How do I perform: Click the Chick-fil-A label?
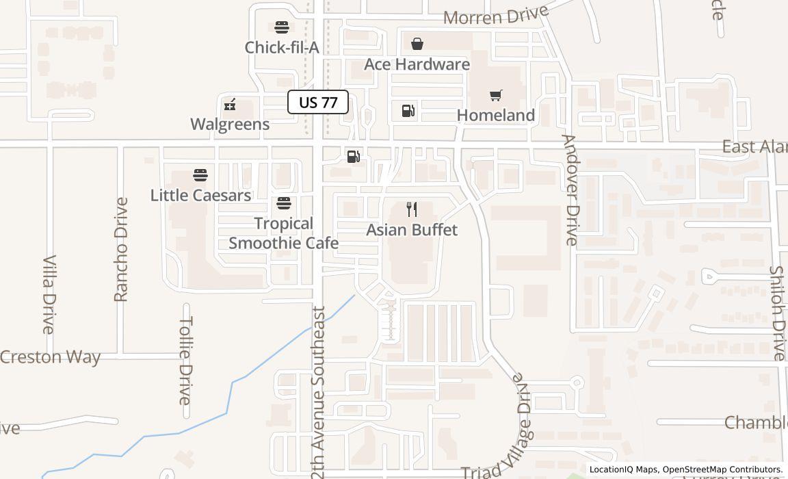point(282,47)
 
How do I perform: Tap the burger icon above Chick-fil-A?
point(282,27)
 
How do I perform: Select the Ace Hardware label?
point(417,64)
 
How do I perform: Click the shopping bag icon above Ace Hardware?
point(417,44)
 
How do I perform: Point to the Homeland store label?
point(495,115)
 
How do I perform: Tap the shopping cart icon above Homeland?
point(495,96)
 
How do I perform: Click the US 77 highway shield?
point(318,103)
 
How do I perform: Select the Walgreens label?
point(230,124)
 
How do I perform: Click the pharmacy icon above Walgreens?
point(230,105)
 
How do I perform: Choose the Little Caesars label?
point(200,195)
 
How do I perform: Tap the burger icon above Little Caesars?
point(200,175)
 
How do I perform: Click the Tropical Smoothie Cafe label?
point(283,233)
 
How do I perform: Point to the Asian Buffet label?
point(412,229)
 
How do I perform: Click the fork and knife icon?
point(412,209)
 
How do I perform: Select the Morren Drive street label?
point(496,15)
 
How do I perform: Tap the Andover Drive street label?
point(570,190)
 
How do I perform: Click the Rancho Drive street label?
point(121,249)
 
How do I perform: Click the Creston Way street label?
point(50,357)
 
